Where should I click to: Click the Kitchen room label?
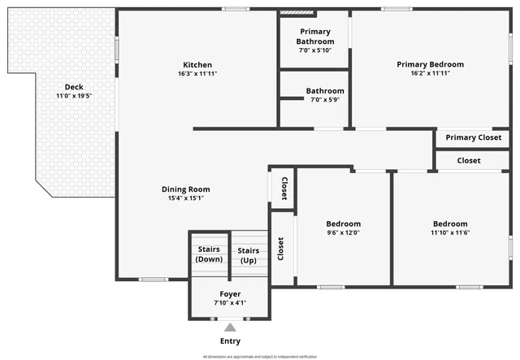pyautogui.click(x=197, y=65)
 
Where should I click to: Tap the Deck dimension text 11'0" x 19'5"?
pyautogui.click(x=74, y=96)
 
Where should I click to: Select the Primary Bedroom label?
pyautogui.click(x=430, y=64)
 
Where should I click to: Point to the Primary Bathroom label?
pyautogui.click(x=314, y=37)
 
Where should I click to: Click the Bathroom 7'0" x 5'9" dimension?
pyautogui.click(x=325, y=100)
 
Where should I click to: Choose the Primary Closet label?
pyautogui.click(x=473, y=137)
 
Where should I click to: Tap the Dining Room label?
pyautogui.click(x=185, y=189)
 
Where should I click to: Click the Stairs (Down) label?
pyautogui.click(x=210, y=254)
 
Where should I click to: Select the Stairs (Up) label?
pyautogui.click(x=249, y=255)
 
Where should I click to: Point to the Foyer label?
pyautogui.click(x=230, y=293)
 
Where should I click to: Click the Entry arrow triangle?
pyautogui.click(x=230, y=327)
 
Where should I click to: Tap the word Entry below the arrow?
pyautogui.click(x=230, y=341)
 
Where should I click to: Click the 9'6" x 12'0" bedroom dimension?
pyautogui.click(x=343, y=232)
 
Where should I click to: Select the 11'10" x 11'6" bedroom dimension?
pyautogui.click(x=449, y=232)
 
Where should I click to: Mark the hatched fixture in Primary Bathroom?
pyautogui.click(x=290, y=13)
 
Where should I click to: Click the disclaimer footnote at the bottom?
pyautogui.click(x=260, y=356)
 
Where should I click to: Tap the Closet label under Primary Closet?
pyautogui.click(x=469, y=161)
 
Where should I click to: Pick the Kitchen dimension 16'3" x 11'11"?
pyautogui.click(x=197, y=74)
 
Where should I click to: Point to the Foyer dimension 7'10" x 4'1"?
pyautogui.click(x=230, y=302)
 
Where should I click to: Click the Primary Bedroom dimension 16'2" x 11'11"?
pyautogui.click(x=430, y=73)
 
